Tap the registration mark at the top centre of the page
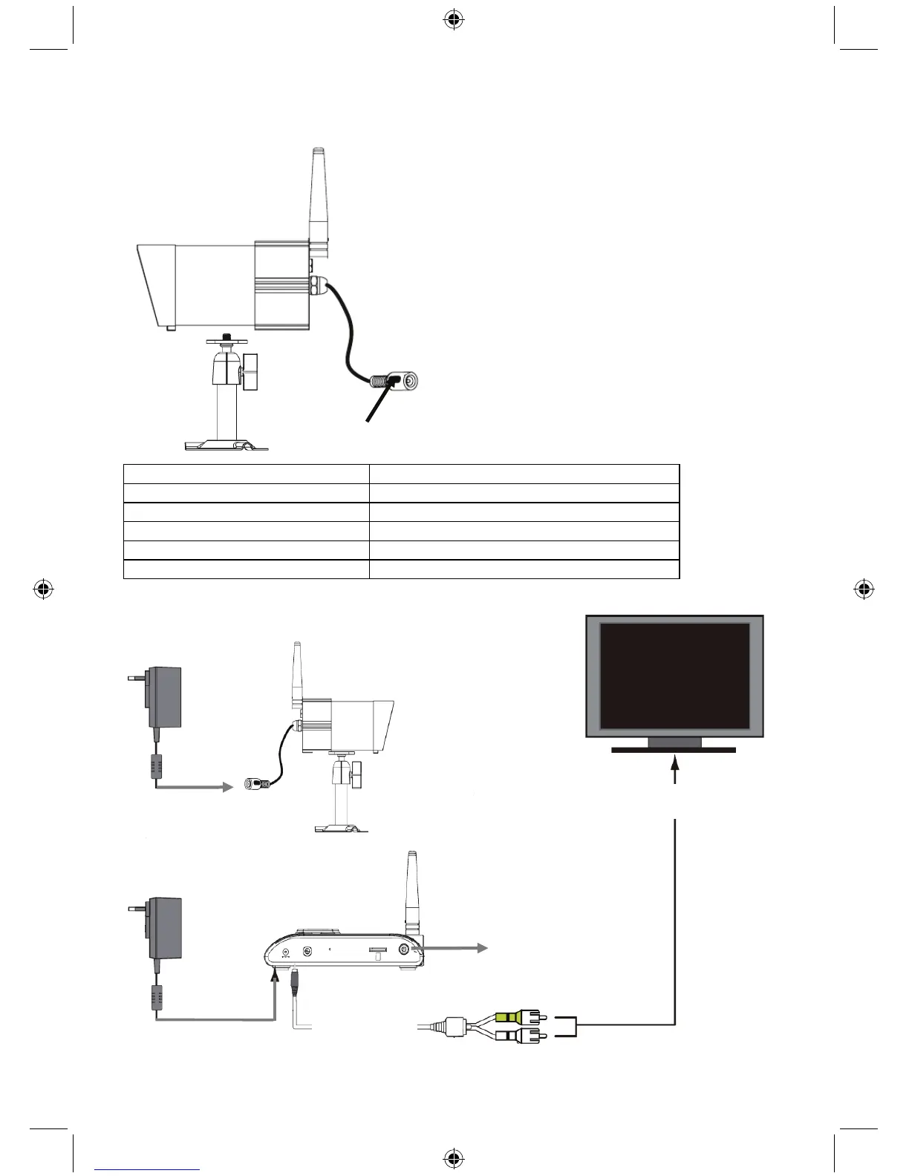(x=454, y=21)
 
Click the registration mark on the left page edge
(x=43, y=589)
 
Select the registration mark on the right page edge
(x=863, y=589)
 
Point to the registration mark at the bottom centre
(x=454, y=1157)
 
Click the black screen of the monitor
(x=674, y=676)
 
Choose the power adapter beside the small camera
(x=165, y=698)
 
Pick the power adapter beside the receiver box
(x=165, y=928)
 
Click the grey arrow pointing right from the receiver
(x=457, y=948)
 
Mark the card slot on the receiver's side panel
(x=377, y=950)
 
